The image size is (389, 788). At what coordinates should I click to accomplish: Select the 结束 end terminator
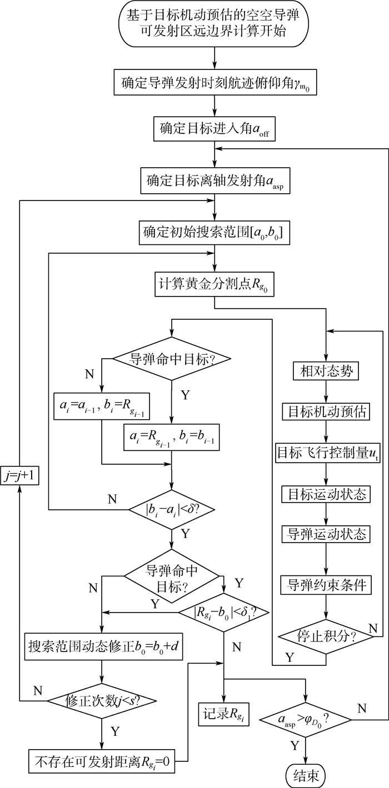point(306,774)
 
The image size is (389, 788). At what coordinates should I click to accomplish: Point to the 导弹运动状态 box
point(326,534)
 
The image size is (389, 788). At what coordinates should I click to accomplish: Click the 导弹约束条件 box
point(326,585)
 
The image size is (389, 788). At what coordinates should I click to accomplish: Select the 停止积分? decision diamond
point(326,634)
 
